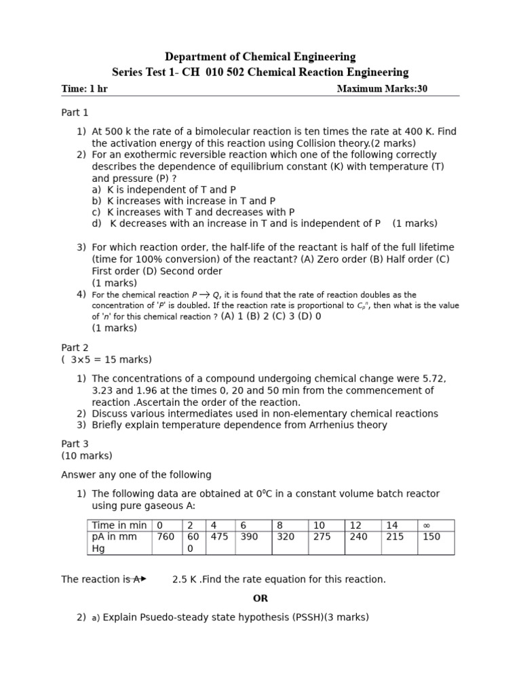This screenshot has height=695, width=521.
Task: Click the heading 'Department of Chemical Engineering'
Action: coord(260,57)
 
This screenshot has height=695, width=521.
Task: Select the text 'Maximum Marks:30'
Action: coord(382,89)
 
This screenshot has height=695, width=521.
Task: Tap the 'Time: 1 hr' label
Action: coord(84,89)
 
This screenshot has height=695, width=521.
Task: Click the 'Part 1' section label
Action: coord(75,113)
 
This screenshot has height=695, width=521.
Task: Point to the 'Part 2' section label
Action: coord(75,347)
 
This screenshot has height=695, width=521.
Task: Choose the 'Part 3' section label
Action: coord(75,443)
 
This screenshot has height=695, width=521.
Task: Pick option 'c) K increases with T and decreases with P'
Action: coord(193,212)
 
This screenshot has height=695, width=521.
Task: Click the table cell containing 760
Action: coord(166,537)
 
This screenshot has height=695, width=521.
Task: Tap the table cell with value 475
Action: coord(219,537)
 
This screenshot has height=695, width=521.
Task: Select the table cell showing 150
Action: coord(431,537)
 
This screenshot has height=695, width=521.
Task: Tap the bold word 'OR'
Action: coord(260,598)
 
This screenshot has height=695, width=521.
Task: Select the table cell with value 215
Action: coord(394,537)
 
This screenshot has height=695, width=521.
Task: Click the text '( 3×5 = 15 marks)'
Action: coord(107,360)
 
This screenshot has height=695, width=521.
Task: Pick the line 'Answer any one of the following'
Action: coord(136,474)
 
